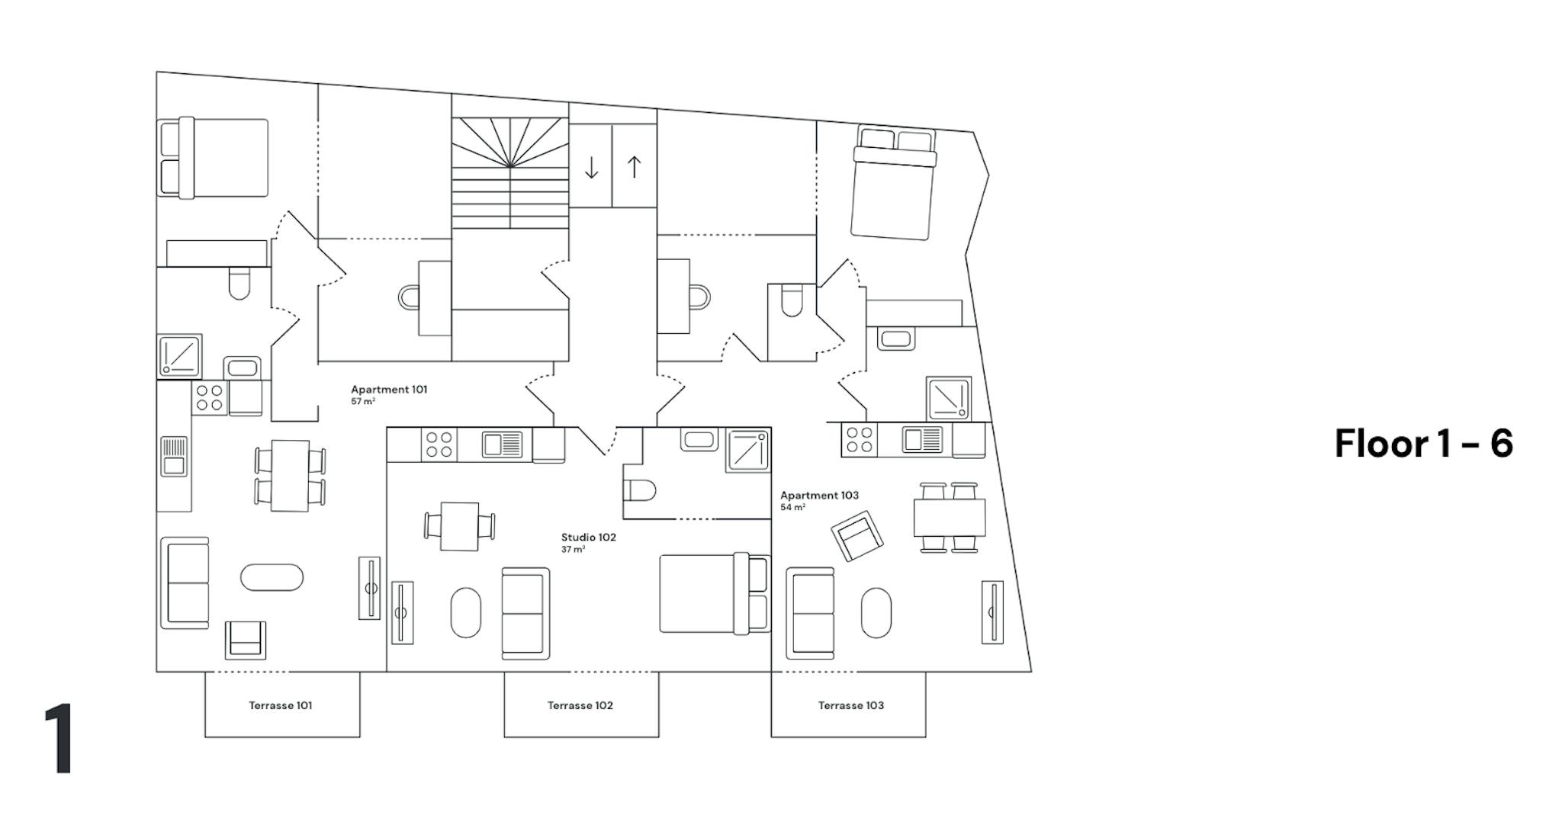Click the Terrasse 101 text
point(281,705)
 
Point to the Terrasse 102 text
point(580,705)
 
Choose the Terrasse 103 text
point(851,705)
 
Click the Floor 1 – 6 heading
point(1424,443)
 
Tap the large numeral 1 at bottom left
point(59,738)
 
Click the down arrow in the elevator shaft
point(591,167)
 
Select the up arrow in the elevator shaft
point(634,167)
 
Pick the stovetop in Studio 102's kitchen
point(439,445)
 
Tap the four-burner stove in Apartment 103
point(860,440)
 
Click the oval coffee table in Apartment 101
point(272,577)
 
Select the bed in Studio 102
point(715,593)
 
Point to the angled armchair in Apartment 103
point(857,536)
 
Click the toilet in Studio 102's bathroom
point(639,490)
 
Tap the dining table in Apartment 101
point(291,476)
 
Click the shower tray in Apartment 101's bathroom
point(180,356)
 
